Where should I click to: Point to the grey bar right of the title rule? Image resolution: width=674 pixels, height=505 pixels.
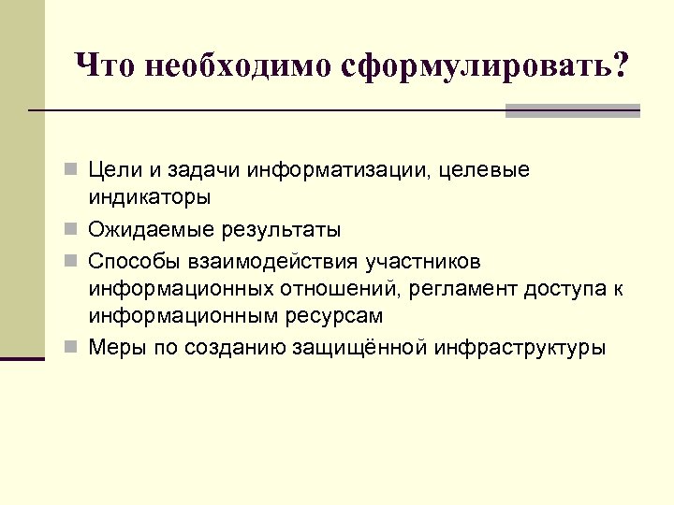pyautogui.click(x=572, y=111)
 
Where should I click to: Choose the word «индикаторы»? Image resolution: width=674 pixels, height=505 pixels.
pyautogui.click(x=150, y=199)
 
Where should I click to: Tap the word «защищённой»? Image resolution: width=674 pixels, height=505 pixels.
pyautogui.click(x=353, y=348)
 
